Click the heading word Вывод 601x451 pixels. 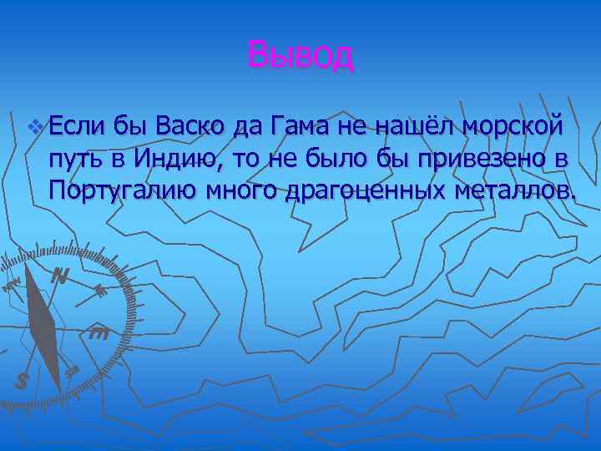(300, 56)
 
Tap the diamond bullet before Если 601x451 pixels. (33, 127)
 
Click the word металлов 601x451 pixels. (513, 190)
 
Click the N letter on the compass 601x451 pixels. (58, 276)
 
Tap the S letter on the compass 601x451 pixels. (23, 381)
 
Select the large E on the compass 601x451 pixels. (98, 333)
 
